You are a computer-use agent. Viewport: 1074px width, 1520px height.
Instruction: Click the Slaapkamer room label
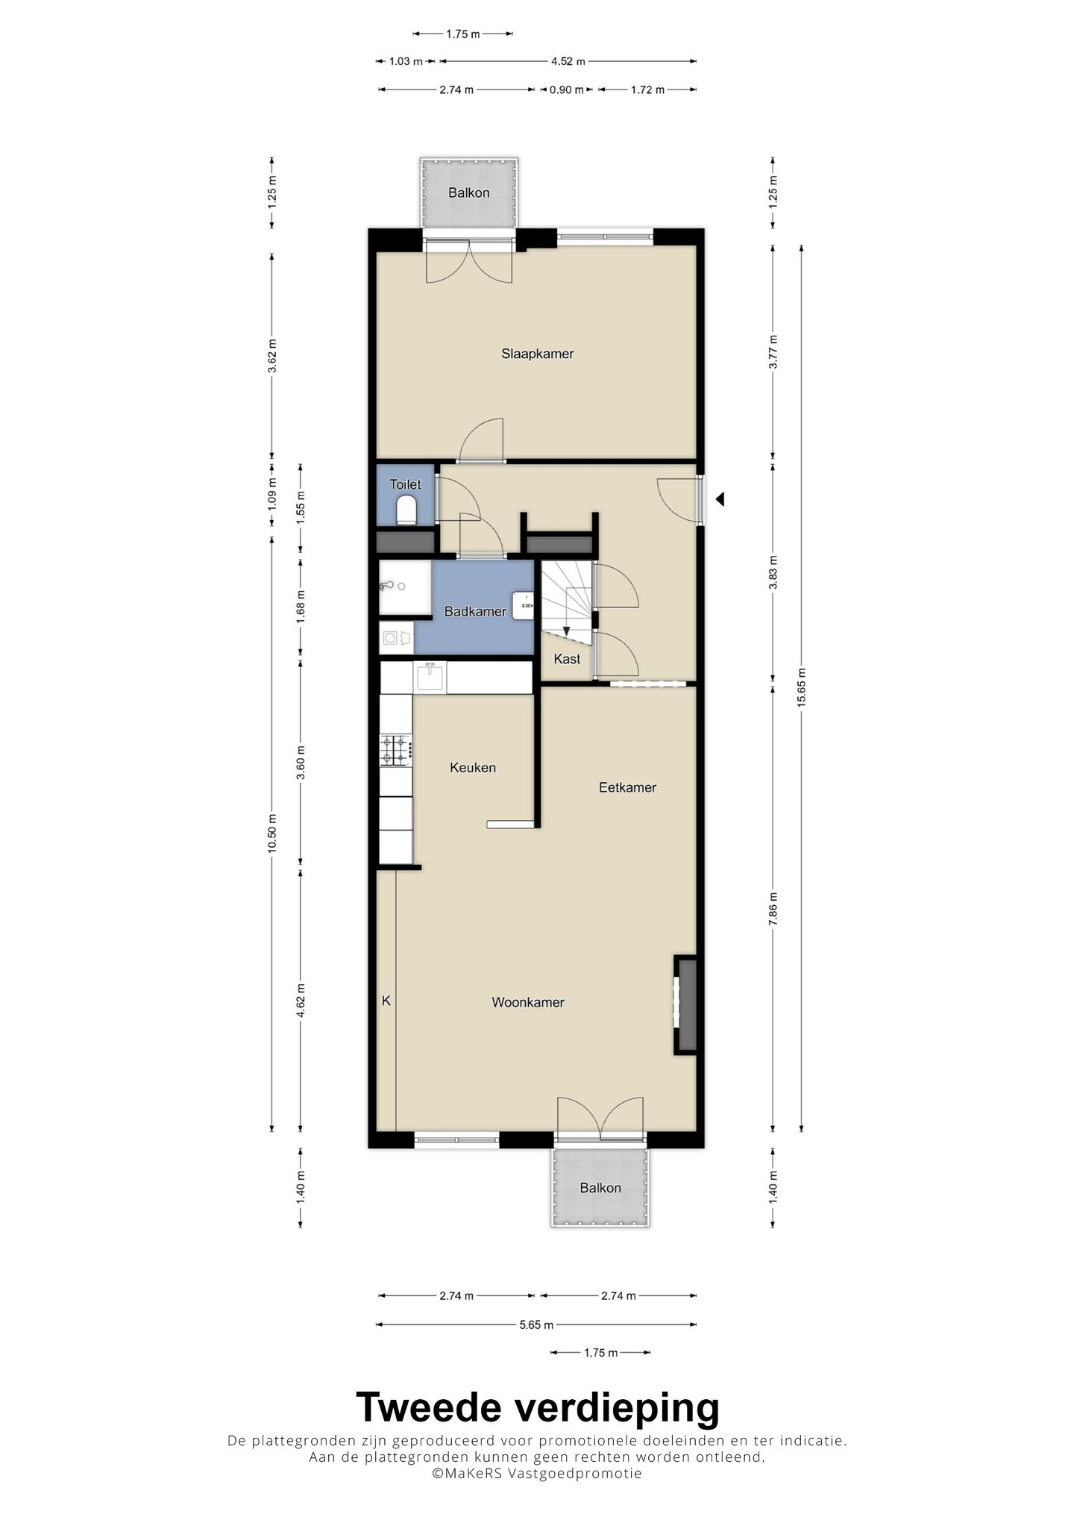point(537,354)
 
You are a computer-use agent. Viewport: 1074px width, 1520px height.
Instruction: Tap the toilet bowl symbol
point(406,510)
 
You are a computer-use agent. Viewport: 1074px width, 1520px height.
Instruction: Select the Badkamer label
point(475,612)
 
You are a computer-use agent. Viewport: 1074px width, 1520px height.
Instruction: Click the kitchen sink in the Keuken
point(430,678)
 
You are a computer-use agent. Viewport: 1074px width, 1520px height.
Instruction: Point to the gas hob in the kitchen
point(395,751)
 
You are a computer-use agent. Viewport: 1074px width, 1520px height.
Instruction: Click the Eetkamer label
point(627,787)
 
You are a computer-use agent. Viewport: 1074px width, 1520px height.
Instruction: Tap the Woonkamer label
point(528,1002)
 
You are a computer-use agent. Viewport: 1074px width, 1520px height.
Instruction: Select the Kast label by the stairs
point(567,659)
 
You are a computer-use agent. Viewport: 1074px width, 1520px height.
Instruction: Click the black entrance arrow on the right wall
point(720,499)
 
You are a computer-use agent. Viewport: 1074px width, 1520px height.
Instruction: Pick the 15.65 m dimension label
point(801,687)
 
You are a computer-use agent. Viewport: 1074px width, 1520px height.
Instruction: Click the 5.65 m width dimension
point(536,1324)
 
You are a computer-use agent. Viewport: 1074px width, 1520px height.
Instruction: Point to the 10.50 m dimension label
point(271,833)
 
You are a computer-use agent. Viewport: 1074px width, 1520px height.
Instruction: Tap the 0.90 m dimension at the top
point(567,90)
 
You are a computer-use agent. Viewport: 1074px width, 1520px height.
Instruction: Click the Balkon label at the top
point(468,193)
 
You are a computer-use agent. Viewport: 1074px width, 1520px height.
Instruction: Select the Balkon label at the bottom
point(600,1188)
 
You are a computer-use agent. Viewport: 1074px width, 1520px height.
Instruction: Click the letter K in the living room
point(386,1001)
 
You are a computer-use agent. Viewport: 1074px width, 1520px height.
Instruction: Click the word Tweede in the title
point(430,1407)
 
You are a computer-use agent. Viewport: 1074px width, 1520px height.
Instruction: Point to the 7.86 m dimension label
point(773,909)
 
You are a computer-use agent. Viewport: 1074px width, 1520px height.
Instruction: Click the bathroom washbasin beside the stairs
point(523,605)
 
